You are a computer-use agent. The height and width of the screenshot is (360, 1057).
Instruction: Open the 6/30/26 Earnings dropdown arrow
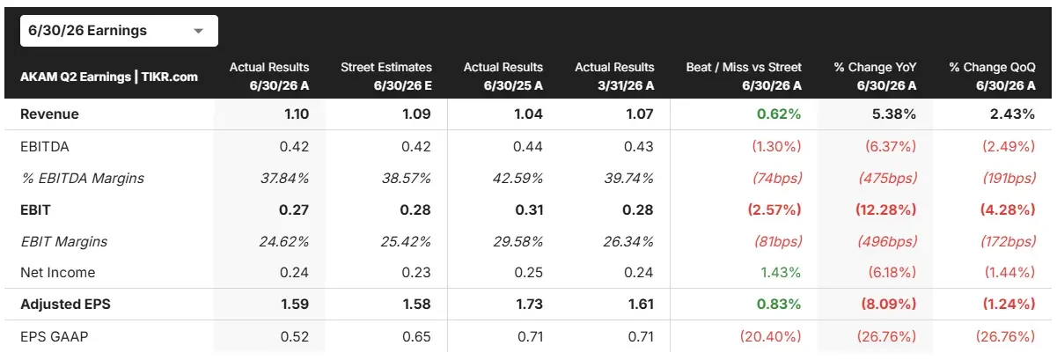click(x=199, y=31)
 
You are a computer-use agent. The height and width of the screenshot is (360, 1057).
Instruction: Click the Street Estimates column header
click(x=386, y=76)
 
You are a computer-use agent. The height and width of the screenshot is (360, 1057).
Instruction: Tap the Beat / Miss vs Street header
click(x=744, y=76)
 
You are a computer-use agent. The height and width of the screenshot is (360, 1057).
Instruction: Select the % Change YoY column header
click(x=875, y=76)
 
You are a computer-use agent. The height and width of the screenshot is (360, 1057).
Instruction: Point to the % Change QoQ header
click(x=993, y=76)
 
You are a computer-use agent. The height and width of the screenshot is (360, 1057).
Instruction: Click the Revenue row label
click(x=49, y=114)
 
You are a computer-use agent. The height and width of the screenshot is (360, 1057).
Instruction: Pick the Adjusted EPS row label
click(x=65, y=305)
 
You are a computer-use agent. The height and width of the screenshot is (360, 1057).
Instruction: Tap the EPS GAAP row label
click(x=55, y=337)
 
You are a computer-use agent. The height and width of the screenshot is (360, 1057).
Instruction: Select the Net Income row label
click(x=57, y=273)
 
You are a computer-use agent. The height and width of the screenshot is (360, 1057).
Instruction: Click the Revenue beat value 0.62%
click(x=779, y=114)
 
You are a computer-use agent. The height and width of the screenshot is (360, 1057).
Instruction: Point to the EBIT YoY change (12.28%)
click(x=885, y=210)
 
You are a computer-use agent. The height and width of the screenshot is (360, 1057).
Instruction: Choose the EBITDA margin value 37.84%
click(x=284, y=179)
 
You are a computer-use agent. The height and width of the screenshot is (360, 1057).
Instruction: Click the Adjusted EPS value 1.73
click(x=529, y=305)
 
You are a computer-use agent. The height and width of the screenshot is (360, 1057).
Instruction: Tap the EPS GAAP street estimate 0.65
click(x=416, y=337)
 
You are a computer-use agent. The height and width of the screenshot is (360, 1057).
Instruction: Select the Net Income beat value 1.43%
click(x=781, y=273)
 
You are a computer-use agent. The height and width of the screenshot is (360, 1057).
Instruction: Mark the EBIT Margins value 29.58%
click(x=517, y=241)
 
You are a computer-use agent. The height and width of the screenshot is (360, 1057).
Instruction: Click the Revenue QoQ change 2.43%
click(x=1012, y=114)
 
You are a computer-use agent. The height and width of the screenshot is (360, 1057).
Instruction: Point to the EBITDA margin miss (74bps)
click(x=777, y=179)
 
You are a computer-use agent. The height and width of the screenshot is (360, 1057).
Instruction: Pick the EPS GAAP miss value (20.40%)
click(x=770, y=337)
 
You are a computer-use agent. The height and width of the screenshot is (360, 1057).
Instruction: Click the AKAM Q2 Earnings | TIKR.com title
click(x=109, y=77)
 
